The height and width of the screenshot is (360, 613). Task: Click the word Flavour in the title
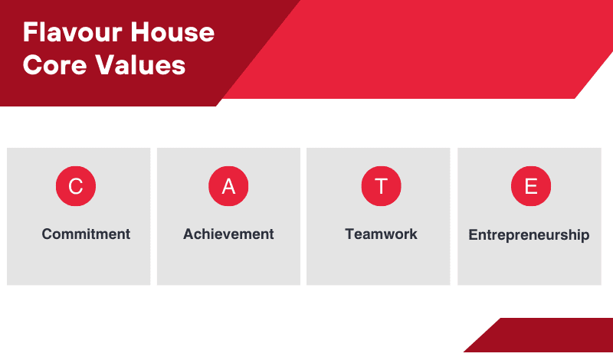(x=72, y=32)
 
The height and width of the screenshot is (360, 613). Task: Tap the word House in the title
(x=172, y=32)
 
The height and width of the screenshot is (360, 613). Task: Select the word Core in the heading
(x=54, y=64)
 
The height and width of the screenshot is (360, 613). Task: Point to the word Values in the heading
(x=141, y=64)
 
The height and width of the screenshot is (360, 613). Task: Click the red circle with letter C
(x=76, y=186)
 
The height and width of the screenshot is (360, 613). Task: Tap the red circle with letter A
(x=228, y=186)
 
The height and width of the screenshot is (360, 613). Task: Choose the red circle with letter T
(x=381, y=186)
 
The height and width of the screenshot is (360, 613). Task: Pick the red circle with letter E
(x=531, y=186)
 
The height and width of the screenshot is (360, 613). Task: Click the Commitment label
(x=86, y=234)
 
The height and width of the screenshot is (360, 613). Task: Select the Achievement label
(x=228, y=234)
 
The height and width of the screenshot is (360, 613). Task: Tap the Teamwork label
(x=381, y=234)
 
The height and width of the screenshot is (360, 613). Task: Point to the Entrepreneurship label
(x=529, y=235)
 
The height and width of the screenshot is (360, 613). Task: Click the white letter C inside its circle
(x=76, y=186)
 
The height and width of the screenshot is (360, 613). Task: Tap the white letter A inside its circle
(x=228, y=186)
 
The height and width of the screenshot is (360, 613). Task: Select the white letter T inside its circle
(x=381, y=186)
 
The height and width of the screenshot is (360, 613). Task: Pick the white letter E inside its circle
(x=531, y=186)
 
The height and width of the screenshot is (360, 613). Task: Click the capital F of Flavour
(x=30, y=32)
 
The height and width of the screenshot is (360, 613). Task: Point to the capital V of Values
(x=106, y=64)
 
